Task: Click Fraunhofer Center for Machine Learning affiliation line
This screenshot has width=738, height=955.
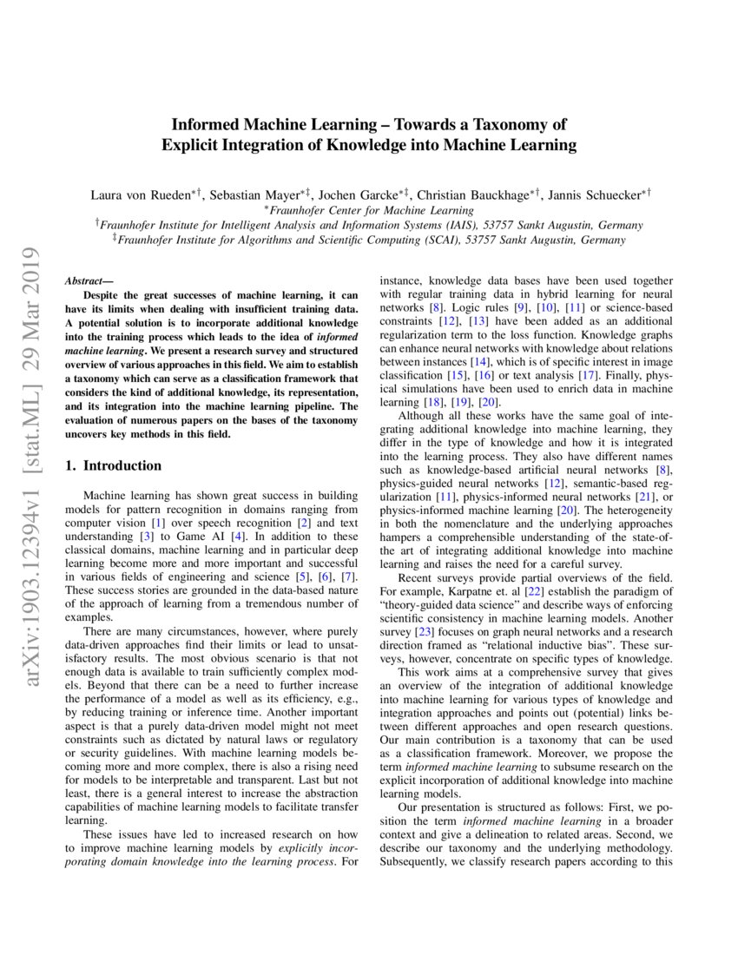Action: (371, 209)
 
